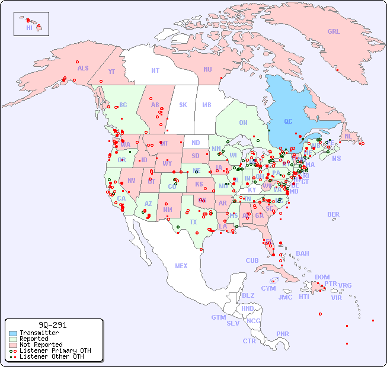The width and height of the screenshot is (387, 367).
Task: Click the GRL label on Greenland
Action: click(x=334, y=32)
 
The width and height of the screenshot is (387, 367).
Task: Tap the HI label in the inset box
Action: click(x=29, y=28)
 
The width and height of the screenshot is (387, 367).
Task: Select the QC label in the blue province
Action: click(x=288, y=121)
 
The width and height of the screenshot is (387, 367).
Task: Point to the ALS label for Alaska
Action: click(x=83, y=69)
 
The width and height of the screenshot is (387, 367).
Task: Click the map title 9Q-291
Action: click(x=53, y=325)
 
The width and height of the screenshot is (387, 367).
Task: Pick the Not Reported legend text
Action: click(x=41, y=345)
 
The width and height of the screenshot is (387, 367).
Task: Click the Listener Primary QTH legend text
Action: click(x=55, y=350)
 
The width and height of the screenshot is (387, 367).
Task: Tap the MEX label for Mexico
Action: click(x=181, y=266)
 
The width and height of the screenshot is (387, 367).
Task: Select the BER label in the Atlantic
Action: click(x=334, y=215)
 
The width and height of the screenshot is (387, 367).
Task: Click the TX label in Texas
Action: click(x=193, y=222)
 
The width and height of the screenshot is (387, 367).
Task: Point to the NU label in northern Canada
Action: click(x=207, y=69)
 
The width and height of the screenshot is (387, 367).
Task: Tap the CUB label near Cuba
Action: click(x=252, y=260)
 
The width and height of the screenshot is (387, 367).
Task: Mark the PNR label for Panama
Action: click(x=283, y=334)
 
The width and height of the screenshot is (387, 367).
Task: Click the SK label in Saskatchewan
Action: click(x=183, y=105)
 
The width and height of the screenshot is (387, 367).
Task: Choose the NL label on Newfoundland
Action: click(x=348, y=136)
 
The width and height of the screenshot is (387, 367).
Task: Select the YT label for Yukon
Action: click(x=111, y=72)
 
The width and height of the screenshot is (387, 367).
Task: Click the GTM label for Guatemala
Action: click(x=218, y=317)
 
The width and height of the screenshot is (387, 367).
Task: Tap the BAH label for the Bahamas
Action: click(x=302, y=253)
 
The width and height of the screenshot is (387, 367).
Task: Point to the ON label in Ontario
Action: click(x=243, y=123)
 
